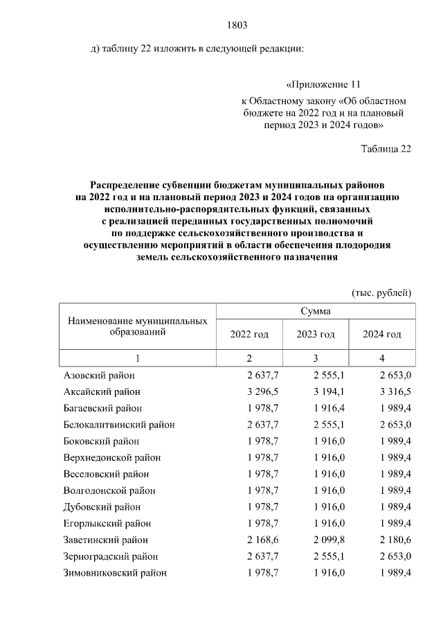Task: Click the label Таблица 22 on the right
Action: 386,148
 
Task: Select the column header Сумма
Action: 316,312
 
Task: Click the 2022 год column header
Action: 249,335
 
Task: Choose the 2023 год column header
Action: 316,335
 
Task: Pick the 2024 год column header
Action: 382,335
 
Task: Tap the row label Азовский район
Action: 99,376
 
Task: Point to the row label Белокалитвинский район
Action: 119,425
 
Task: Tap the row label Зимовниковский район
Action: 115,573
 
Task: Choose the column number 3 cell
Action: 316,358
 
